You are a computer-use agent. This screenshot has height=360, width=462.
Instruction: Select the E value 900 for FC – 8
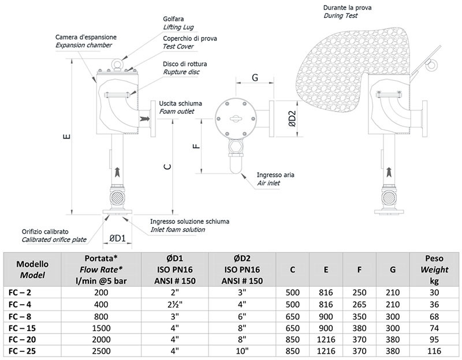[326, 316]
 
